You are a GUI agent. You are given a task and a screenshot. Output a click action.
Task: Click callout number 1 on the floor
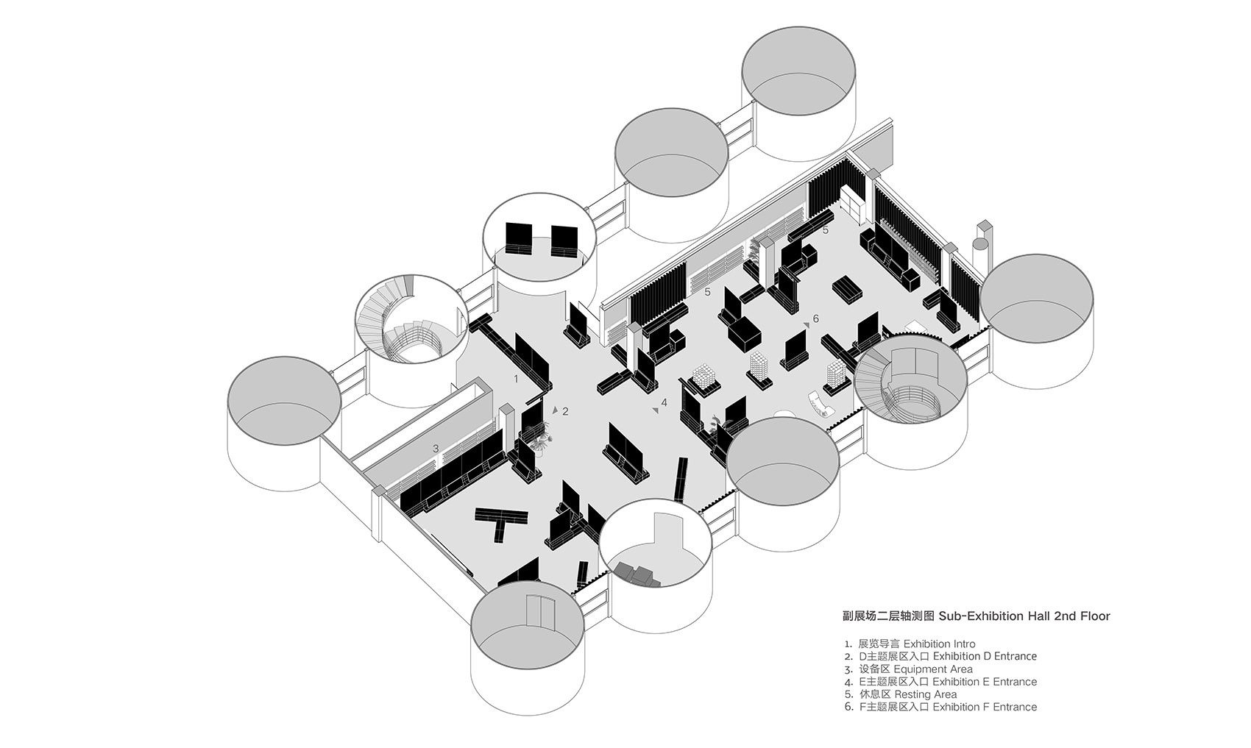[517, 380]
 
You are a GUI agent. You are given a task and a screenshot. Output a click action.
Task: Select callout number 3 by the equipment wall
[436, 448]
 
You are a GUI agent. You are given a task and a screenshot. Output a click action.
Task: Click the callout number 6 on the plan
[815, 319]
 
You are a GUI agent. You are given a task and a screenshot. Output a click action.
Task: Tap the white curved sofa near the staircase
[821, 405]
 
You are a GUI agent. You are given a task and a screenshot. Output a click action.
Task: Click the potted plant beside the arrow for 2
[542, 439]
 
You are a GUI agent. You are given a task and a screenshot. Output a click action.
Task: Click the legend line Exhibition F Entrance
[984, 707]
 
